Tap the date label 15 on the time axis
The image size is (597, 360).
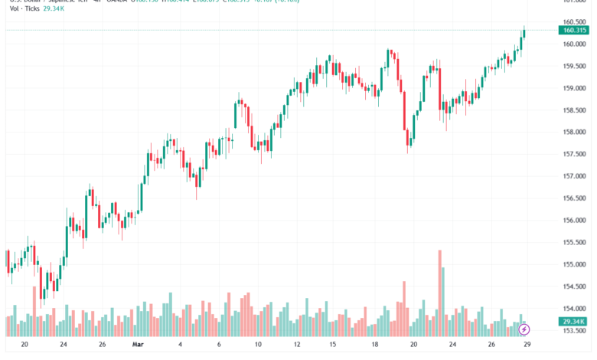pos(332,345)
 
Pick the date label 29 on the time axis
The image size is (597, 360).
pos(525,345)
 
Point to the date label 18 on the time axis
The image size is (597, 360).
pos(375,345)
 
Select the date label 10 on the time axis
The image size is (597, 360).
pos(258,345)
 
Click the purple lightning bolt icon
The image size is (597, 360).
pos(524,330)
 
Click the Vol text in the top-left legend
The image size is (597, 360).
pos(15,8)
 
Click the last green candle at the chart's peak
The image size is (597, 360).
pos(524,33)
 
